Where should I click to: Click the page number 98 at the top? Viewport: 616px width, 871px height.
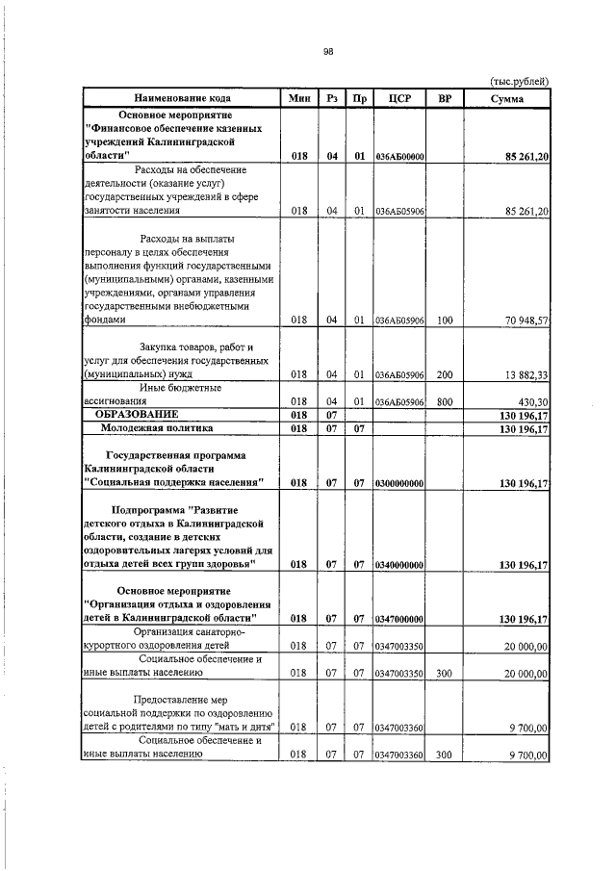pyautogui.click(x=327, y=53)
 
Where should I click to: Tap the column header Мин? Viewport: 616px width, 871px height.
pyautogui.click(x=298, y=98)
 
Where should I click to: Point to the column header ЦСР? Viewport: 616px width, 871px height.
pyautogui.click(x=398, y=98)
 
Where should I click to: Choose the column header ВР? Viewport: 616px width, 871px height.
pyautogui.click(x=445, y=98)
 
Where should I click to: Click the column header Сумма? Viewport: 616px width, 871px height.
pyautogui.click(x=506, y=98)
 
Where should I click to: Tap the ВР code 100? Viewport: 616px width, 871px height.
pyautogui.click(x=445, y=320)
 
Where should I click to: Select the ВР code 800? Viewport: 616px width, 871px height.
pyautogui.click(x=445, y=401)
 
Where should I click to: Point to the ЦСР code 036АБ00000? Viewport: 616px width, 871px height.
pyautogui.click(x=399, y=157)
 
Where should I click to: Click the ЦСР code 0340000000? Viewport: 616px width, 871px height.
pyautogui.click(x=399, y=565)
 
